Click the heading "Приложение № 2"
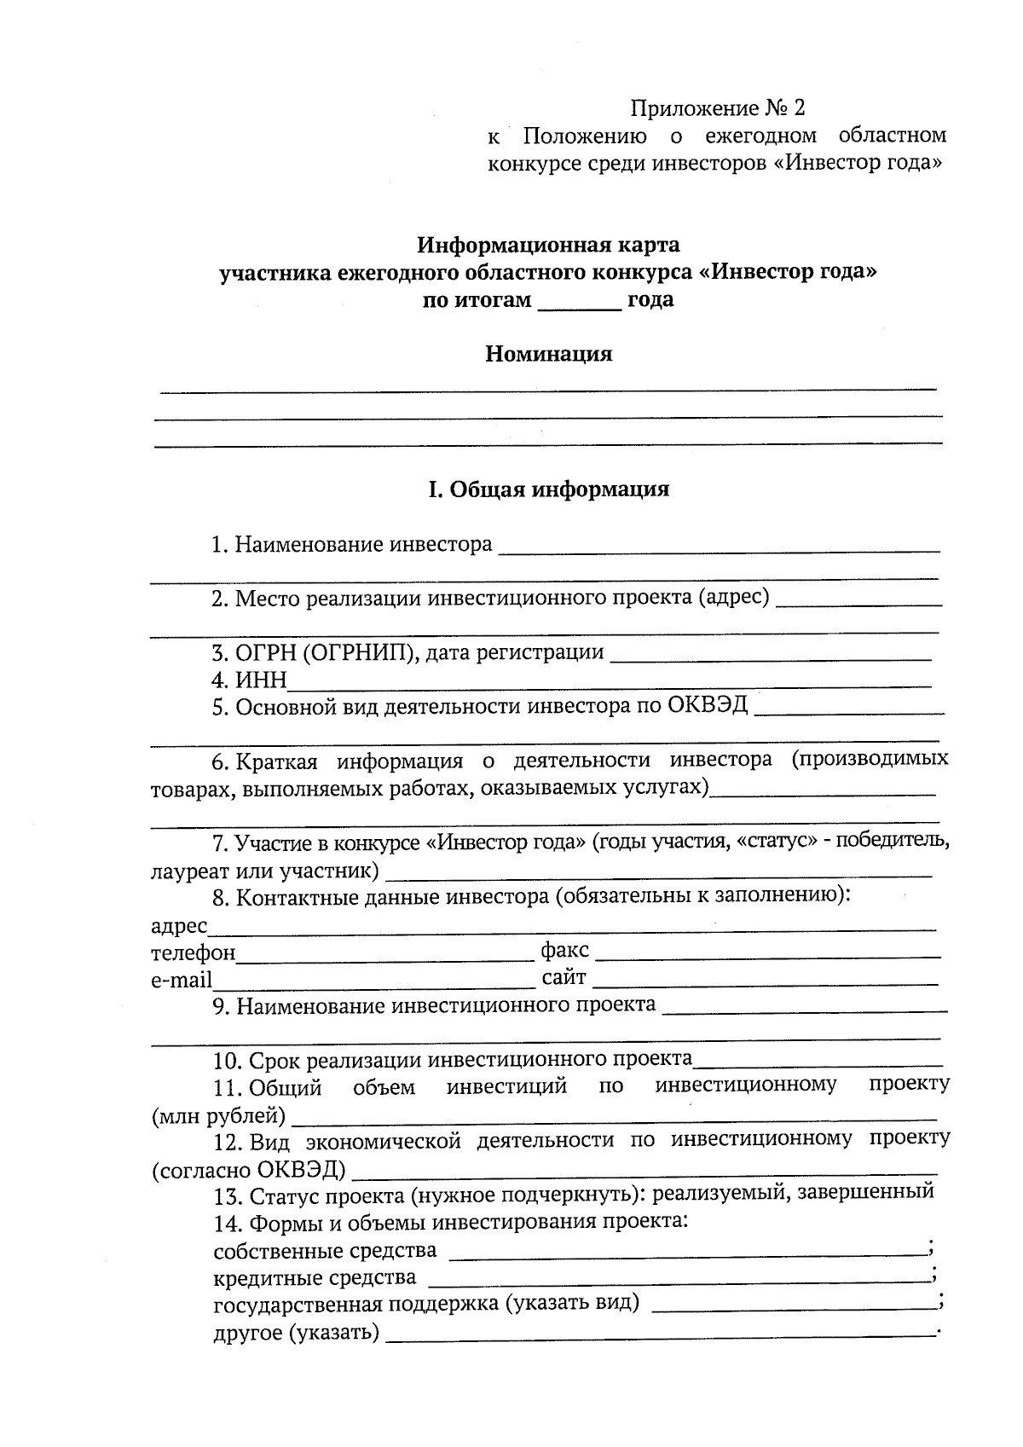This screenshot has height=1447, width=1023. [x=717, y=108]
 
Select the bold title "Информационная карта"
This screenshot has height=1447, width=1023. [x=548, y=246]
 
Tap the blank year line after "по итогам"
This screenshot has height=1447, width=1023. [x=579, y=304]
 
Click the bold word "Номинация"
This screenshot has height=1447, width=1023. [x=548, y=354]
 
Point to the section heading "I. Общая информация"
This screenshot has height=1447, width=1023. [x=548, y=489]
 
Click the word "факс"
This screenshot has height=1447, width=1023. [x=564, y=951]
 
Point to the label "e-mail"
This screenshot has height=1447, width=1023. [x=182, y=981]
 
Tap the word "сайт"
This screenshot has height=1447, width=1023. [x=564, y=977]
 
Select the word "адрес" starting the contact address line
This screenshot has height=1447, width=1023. [x=179, y=926]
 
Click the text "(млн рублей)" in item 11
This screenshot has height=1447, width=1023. [x=218, y=1115]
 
